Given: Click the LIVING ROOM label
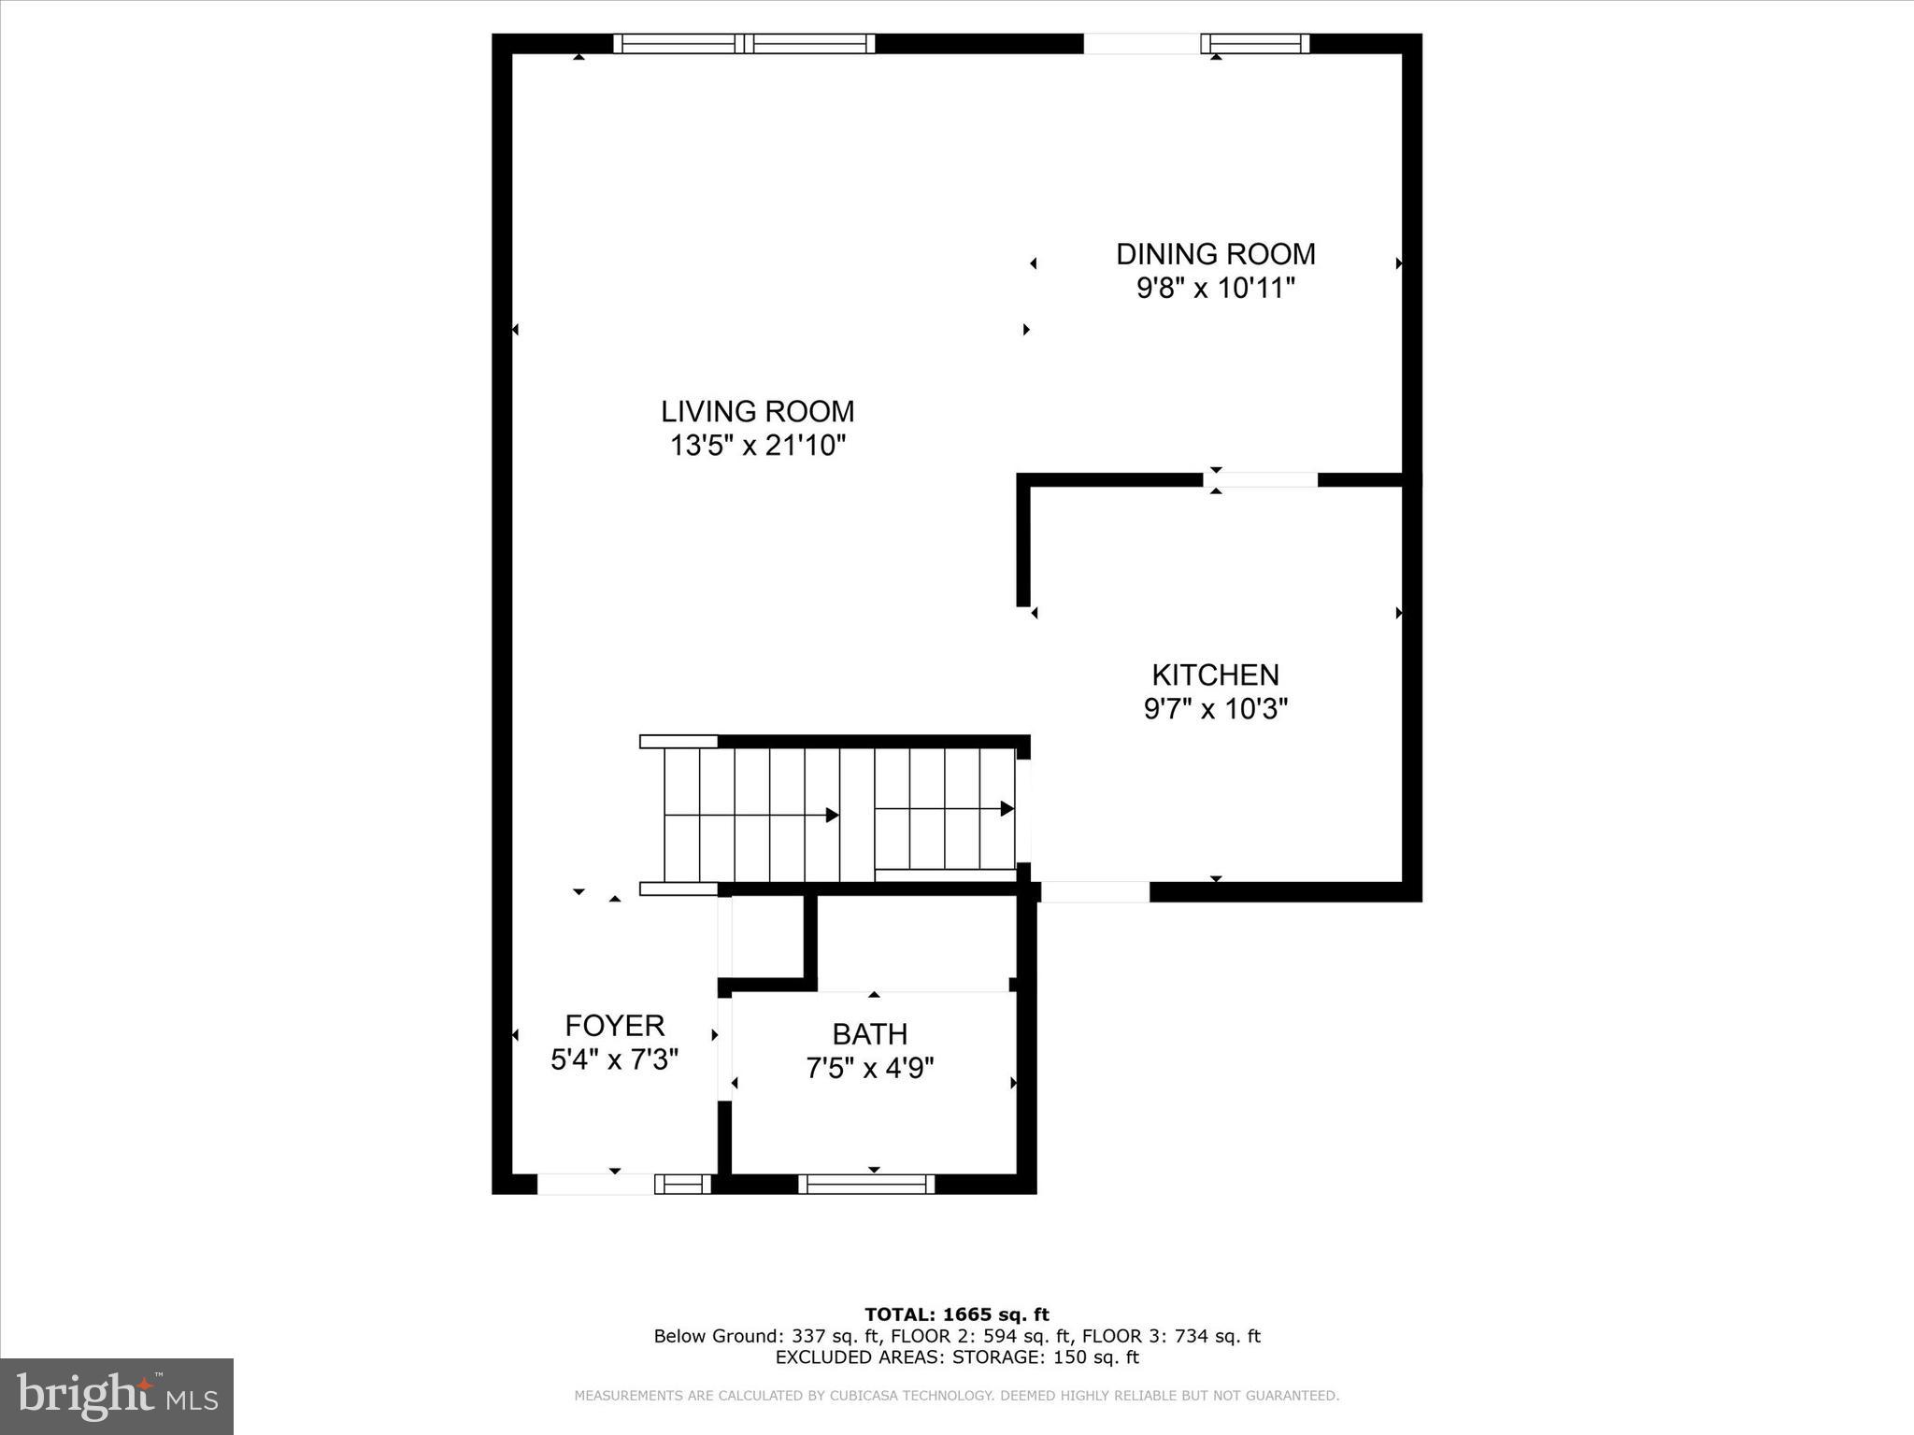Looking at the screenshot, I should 757,412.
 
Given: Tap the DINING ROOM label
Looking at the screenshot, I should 1215,254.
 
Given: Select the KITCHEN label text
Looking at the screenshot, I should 1215,675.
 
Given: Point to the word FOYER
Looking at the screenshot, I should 614,1026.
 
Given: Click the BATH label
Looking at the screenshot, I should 869,1034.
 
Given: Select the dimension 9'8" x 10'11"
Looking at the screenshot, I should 1215,288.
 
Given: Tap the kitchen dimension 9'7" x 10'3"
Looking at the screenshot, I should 1215,709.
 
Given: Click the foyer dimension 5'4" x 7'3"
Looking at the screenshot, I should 614,1059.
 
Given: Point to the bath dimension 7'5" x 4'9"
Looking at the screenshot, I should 869,1068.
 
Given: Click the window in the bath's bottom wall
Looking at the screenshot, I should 866,1185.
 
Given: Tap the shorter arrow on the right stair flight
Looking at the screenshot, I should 944,808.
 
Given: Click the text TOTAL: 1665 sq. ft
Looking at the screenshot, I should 956,1314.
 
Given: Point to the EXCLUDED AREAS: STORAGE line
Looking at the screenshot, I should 956,1357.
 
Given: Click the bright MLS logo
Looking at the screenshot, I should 117,1397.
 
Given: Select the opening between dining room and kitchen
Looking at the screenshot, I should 1260,480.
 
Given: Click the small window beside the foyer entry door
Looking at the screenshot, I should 682,1185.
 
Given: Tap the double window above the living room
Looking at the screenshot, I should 744,43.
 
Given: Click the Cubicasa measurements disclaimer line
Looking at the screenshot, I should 956,1396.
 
